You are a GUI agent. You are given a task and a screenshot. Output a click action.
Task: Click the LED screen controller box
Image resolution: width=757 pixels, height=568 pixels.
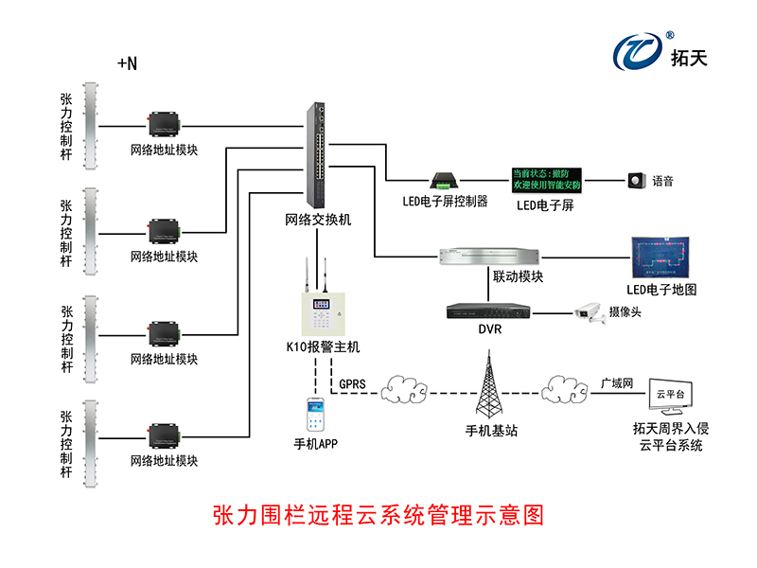pos(444,180)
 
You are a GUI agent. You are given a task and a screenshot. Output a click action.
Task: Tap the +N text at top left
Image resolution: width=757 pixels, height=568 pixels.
pos(127,64)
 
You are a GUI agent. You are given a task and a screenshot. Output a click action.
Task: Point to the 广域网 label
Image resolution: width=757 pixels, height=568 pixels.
pos(616,384)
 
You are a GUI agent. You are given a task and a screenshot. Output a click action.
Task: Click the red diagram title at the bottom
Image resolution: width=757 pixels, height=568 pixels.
pos(378,516)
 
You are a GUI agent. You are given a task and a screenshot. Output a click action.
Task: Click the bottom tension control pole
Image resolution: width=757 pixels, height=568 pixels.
pos(92,442)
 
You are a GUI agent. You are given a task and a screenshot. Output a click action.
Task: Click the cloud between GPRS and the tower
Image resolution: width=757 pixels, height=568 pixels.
pos(408,389)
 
